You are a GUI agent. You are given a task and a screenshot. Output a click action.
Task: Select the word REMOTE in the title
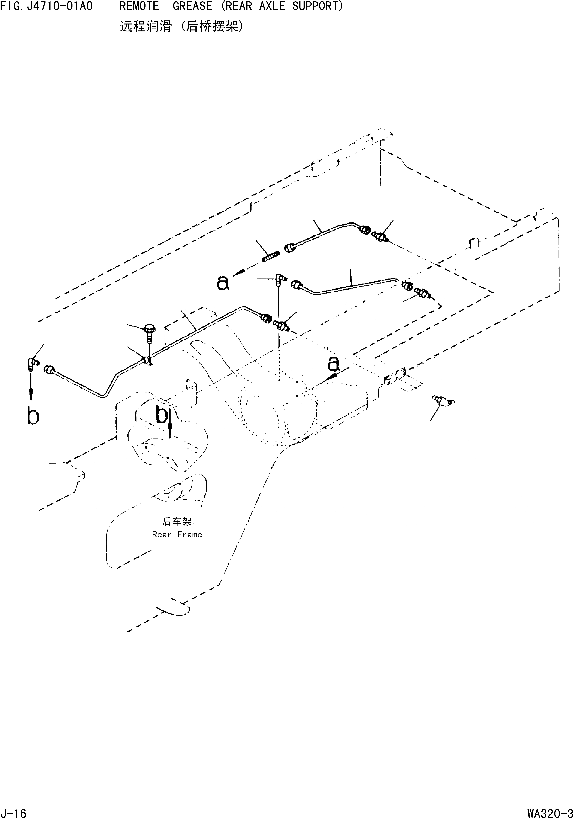pos(139,6)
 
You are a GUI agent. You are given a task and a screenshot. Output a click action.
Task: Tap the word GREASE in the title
pos(192,6)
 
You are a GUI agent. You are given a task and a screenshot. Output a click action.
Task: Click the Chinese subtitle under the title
pos(182,26)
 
